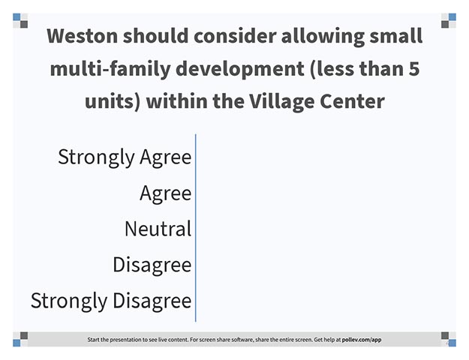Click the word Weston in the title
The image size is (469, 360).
pos(82,36)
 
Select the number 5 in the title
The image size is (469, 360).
pos(413,68)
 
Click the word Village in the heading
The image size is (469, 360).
pos(281,102)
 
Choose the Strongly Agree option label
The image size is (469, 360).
pos(125,157)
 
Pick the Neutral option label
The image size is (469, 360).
pos(158,229)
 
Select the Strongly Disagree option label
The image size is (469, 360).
pos(111,301)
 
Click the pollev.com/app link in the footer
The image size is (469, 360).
pos(362,340)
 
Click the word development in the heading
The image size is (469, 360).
pos(240,69)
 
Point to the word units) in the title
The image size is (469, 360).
pos(113,102)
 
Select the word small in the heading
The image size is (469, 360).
pos(395,36)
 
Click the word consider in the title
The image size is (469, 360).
pos(235,36)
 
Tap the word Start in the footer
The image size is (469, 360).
pos(93,340)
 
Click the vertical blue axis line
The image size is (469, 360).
pos(196,228)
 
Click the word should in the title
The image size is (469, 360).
pos(155,36)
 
